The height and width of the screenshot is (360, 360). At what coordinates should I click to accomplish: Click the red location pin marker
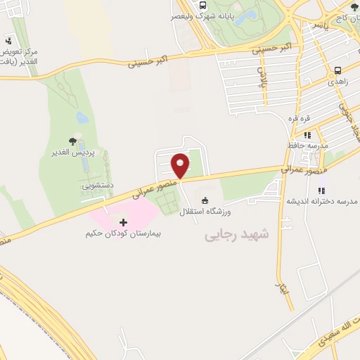(180, 166)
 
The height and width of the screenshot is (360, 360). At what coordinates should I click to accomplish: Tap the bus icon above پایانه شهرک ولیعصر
(202, 4)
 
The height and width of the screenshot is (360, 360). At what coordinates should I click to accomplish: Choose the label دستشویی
(92, 186)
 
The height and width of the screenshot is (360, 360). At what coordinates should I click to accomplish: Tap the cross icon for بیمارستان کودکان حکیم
(124, 222)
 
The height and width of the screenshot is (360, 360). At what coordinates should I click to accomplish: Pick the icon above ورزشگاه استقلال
(205, 200)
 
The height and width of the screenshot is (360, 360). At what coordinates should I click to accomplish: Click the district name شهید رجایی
(236, 235)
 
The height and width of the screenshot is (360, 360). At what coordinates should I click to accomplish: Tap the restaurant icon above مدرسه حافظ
(307, 135)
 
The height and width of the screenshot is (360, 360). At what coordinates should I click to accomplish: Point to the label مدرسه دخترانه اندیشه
(321, 201)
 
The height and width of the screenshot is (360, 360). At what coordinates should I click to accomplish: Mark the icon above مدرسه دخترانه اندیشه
(321, 191)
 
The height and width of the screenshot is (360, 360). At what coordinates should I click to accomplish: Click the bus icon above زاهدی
(338, 70)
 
